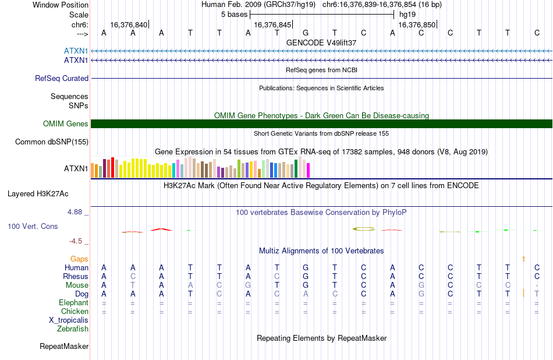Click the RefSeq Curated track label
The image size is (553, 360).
tap(62, 79)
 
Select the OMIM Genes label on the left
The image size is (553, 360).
tap(66, 124)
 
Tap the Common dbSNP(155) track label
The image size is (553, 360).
tap(52, 142)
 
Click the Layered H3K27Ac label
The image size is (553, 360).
tap(38, 194)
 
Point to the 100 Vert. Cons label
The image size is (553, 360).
tap(33, 226)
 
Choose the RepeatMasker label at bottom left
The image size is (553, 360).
tap(64, 346)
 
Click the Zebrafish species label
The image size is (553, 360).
tap(73, 329)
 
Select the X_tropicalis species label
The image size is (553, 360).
tap(69, 320)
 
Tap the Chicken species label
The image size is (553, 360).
tap(75, 311)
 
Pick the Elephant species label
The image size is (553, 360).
tap(74, 303)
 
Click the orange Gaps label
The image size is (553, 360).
tap(79, 259)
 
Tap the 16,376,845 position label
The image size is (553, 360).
tap(272, 24)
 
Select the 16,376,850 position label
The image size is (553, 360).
tap(417, 24)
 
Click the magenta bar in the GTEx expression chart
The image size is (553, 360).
tap(309, 170)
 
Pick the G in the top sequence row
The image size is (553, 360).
tap(306, 33)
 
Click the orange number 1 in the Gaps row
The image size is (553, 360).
tap(523, 259)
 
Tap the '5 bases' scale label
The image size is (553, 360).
tap(235, 15)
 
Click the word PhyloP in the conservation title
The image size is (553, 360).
tap(394, 213)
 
